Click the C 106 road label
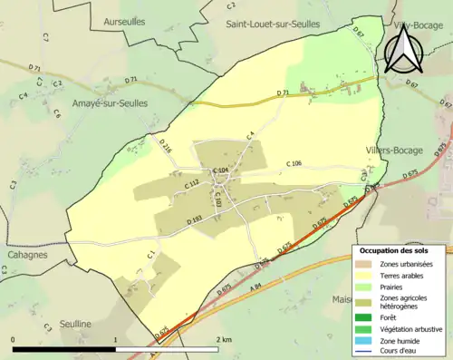[x=294, y=163]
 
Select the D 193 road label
[x=194, y=220]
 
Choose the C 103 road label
[x=217, y=199]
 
